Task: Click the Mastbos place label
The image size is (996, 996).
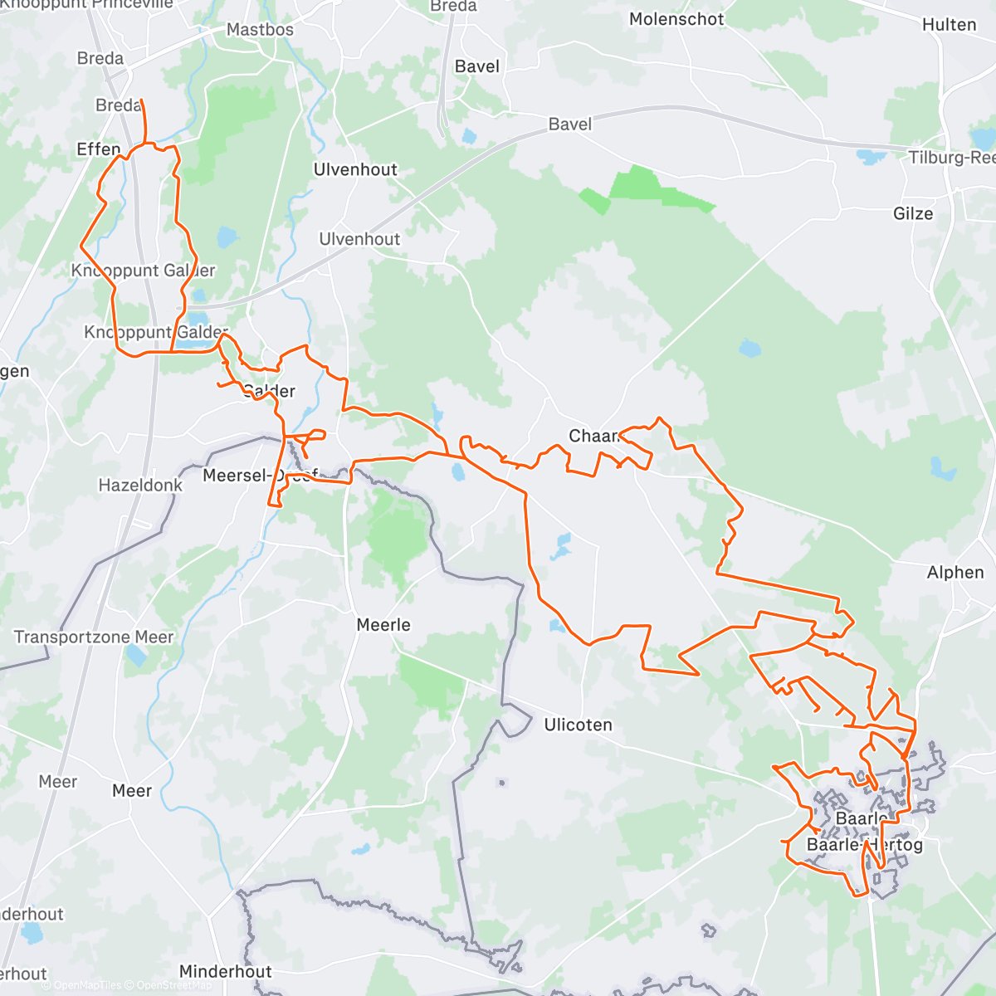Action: [x=260, y=29]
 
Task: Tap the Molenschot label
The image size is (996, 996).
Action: [x=676, y=19]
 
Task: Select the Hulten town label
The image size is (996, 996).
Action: [x=949, y=25]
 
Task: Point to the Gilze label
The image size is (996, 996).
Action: [x=913, y=213]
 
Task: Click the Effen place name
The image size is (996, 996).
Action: [x=99, y=149]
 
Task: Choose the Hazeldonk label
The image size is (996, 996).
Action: [x=140, y=485]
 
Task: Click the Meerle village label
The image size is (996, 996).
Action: [x=383, y=624]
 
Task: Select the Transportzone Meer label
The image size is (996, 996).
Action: [x=94, y=637]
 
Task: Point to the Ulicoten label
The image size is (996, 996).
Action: [x=578, y=725]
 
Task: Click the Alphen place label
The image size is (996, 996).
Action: [x=955, y=572]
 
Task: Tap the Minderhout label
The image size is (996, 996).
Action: [x=225, y=971]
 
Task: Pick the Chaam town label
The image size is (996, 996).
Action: [x=594, y=436]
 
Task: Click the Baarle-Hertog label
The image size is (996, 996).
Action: [x=864, y=845]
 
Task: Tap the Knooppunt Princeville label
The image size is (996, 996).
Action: [x=87, y=4]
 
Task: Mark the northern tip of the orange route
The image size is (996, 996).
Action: [x=141, y=100]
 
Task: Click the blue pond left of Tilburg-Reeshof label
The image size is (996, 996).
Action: [x=871, y=156]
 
